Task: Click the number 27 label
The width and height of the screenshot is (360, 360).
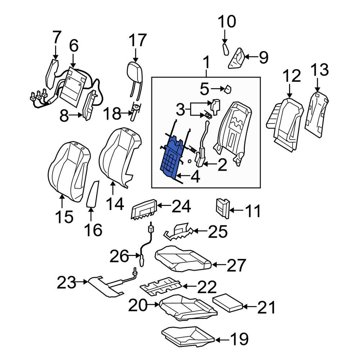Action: [x=236, y=265]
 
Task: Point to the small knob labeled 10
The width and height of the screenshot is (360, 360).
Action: [x=225, y=49]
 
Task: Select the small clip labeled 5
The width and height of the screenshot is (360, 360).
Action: [x=227, y=89]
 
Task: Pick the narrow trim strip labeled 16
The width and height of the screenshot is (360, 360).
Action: [x=93, y=194]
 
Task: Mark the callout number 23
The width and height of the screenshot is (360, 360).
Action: [x=67, y=283]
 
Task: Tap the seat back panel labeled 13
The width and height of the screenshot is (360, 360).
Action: [x=316, y=114]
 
